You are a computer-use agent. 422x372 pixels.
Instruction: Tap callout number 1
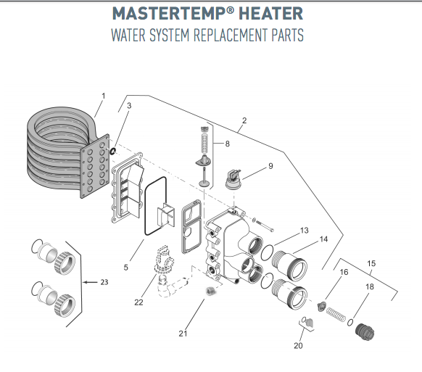[x=103, y=96]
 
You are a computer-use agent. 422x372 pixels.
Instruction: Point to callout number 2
[x=244, y=120]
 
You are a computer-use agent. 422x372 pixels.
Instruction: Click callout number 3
[x=129, y=107]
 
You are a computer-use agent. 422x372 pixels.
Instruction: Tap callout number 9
[x=270, y=166]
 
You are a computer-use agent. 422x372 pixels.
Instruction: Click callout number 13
[x=305, y=230]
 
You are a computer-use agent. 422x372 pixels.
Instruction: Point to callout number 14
[x=323, y=239]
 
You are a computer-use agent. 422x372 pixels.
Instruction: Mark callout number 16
[x=344, y=272]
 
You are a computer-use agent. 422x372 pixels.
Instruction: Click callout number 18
[x=370, y=287]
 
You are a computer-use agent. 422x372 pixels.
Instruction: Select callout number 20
[x=297, y=345]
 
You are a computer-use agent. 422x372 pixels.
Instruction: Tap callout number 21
[x=183, y=334]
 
